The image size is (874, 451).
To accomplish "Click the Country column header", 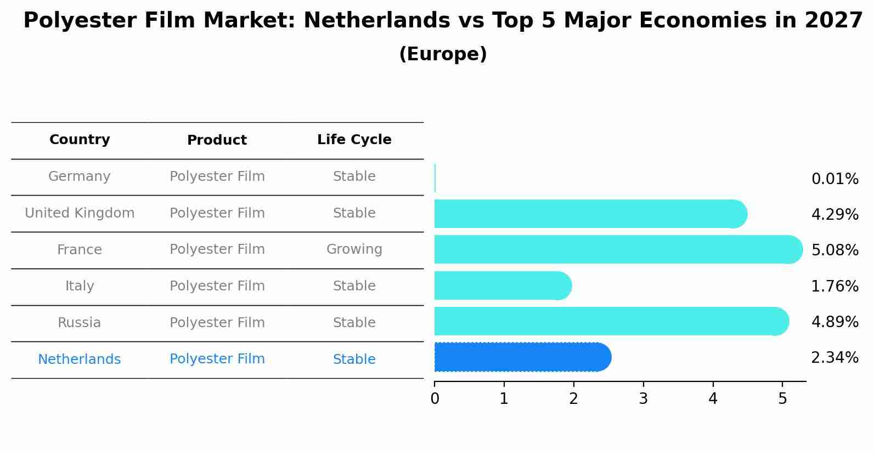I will click(80, 140).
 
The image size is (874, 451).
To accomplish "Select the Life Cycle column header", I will click(354, 140).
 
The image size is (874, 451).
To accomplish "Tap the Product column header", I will click(217, 140).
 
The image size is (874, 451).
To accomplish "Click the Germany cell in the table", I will click(80, 176).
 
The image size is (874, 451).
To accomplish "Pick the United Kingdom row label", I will click(80, 213).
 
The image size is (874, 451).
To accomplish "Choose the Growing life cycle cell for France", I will click(354, 249).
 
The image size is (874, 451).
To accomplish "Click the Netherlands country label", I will click(80, 359).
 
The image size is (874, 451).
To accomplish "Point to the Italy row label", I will click(80, 286).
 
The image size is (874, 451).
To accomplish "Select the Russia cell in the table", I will click(80, 323).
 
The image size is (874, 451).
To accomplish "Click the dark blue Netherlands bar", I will click(521, 357).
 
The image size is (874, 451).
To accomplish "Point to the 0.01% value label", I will click(834, 179).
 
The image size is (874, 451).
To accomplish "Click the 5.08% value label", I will click(834, 250).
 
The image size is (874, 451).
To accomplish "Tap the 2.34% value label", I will click(834, 358).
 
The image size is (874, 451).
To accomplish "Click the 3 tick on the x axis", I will click(644, 399).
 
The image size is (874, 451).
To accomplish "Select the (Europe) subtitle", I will click(443, 54).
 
